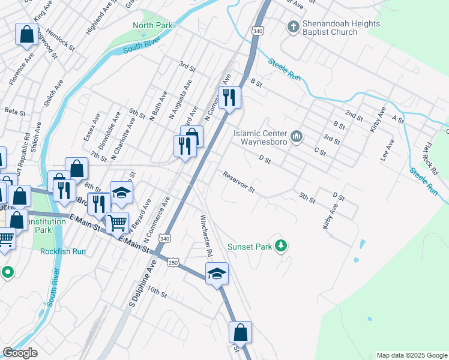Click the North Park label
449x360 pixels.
(152, 25)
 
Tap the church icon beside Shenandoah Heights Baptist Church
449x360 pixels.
(293, 26)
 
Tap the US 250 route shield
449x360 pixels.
(173, 263)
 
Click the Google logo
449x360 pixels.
(20, 353)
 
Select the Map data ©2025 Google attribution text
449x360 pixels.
(411, 355)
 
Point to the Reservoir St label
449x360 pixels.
(239, 182)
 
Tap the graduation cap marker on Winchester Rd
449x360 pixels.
(217, 274)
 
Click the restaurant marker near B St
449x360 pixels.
(229, 98)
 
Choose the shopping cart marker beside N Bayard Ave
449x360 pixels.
(117, 223)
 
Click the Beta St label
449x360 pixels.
(15, 112)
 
